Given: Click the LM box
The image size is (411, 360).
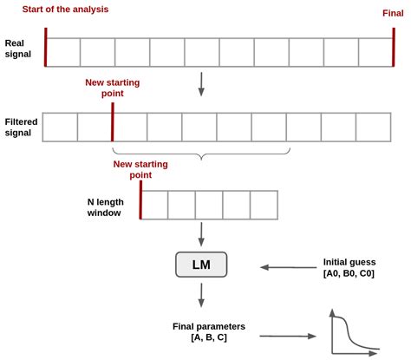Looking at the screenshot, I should (201, 265).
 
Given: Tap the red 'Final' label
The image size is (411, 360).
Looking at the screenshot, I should (394, 13).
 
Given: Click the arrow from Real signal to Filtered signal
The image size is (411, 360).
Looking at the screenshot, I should (201, 84).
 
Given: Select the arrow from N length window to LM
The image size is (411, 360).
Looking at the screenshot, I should (201, 233).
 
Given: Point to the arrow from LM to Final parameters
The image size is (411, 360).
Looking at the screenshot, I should (201, 296).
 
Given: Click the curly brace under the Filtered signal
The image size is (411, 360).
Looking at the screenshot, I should (201, 156).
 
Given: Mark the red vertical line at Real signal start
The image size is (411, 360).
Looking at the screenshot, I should (45, 47).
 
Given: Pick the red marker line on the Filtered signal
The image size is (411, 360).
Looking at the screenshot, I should (113, 121).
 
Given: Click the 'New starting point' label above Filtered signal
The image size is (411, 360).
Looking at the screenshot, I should (112, 88).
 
